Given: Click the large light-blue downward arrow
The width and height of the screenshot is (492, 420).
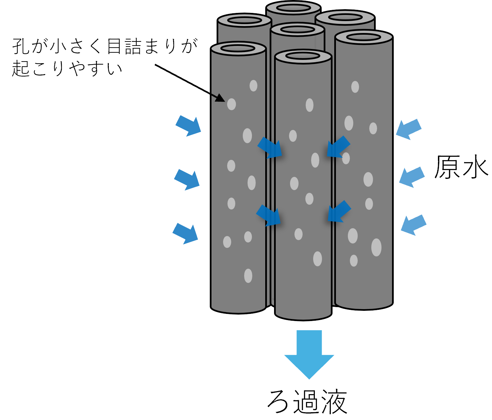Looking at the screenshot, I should coord(309,354).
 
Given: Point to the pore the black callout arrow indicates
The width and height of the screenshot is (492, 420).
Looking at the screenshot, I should coord(231,104).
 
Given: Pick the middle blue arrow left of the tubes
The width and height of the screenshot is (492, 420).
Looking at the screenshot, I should coord(187,179).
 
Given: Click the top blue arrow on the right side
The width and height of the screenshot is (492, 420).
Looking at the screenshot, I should coord(409,129).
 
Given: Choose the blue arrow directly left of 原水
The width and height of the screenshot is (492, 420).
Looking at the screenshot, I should coord(412,177).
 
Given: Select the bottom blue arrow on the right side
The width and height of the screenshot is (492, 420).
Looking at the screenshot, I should coord(413,225).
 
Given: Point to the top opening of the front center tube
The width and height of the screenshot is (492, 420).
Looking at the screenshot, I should coord(303,56).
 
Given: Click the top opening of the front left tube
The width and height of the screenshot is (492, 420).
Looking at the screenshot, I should coord(238,48).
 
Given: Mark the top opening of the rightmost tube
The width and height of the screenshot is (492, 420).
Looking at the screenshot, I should coord(363,37).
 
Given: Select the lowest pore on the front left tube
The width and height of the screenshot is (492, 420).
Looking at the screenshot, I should coord(248,275).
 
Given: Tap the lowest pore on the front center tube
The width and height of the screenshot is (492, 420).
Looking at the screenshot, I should coord(317,259).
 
